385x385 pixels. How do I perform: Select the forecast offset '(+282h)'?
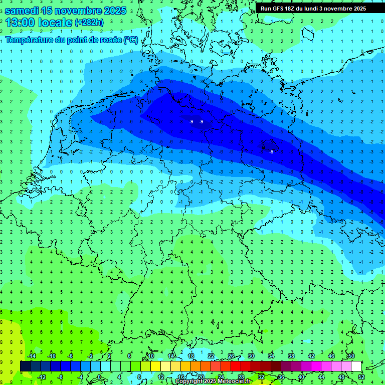click(x=89, y=23)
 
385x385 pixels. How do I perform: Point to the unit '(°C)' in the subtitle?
click(x=131, y=40)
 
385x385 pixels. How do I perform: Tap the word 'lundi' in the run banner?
click(x=322, y=9)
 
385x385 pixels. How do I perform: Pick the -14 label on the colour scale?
click(x=31, y=356)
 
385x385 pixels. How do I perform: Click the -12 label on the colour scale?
click(x=41, y=377)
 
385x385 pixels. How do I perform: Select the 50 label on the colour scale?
click(x=351, y=356)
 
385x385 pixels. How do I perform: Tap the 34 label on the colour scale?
click(x=271, y=356)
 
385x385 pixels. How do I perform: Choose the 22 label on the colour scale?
click(x=211, y=356)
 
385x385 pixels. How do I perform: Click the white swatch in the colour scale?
click(x=356, y=366)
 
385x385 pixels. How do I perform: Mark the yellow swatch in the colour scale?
click(x=155, y=366)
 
